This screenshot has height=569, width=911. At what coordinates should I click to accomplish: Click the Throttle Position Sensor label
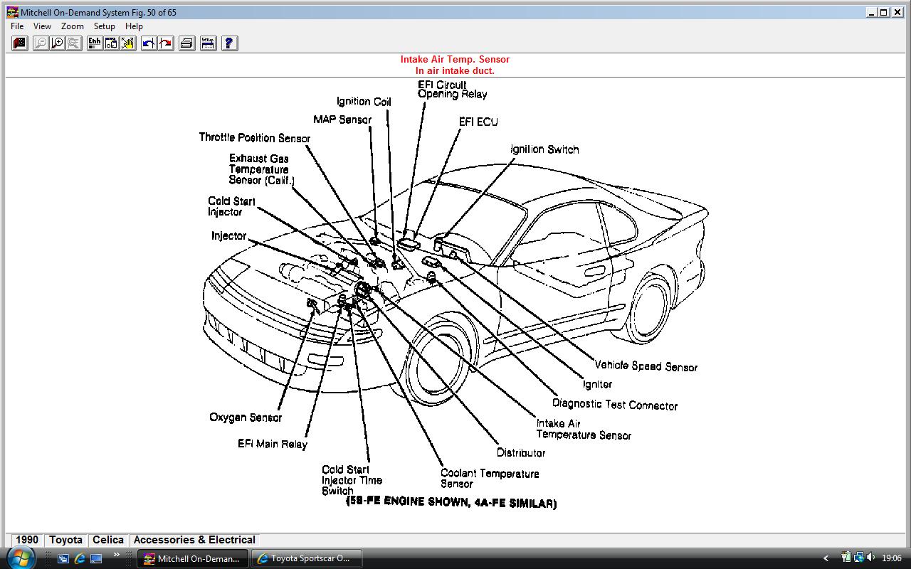coord(254,138)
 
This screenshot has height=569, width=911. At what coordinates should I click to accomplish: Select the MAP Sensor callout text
coord(342,119)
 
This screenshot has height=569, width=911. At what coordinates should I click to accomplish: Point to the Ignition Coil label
coord(364,102)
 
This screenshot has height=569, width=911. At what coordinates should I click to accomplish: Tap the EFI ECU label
coord(478,122)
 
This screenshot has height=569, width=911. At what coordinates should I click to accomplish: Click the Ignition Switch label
coord(544,149)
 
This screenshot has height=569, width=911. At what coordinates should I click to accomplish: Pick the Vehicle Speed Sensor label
coord(646,366)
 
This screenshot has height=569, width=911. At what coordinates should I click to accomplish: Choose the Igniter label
coord(597,384)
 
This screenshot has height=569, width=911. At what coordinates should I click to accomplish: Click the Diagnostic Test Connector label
coord(615,405)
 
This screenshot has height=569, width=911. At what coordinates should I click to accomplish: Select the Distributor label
coord(521,452)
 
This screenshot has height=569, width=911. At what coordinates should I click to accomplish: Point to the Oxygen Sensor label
coord(246,418)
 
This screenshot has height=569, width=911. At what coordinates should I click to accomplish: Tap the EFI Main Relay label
coord(273,444)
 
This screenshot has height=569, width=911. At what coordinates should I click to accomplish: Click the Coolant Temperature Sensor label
coord(489,479)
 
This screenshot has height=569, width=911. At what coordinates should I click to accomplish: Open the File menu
coord(17,26)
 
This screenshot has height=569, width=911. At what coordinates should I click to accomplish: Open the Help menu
coord(134,26)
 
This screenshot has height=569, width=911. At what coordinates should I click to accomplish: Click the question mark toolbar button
coord(229,43)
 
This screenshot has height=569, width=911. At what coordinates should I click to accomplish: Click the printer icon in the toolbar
coord(186,43)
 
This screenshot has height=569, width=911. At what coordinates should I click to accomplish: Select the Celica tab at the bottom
coord(108,540)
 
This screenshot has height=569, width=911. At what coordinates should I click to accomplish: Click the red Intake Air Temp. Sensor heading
coord(455,60)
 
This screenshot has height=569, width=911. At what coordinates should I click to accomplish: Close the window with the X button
coord(897,12)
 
